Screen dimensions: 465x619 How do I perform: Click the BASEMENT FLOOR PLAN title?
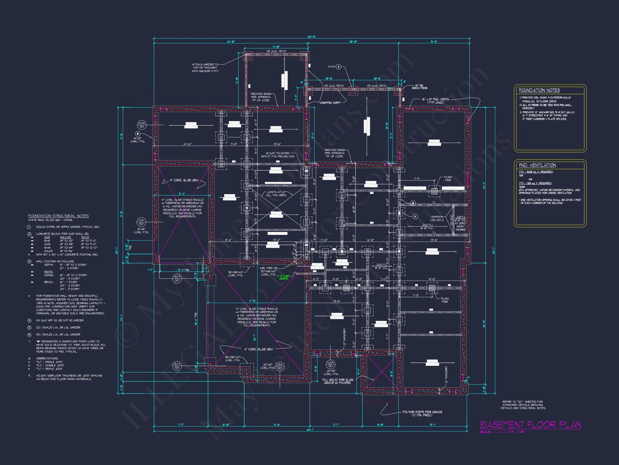(x=530, y=425)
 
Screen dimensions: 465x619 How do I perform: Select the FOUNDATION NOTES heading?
(x=539, y=90)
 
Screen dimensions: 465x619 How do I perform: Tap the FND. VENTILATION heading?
(x=537, y=165)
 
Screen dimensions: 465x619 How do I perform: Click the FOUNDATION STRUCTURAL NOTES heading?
(x=59, y=216)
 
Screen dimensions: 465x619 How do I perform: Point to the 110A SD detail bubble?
(x=142, y=125)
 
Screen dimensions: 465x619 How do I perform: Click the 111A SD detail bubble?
(x=141, y=222)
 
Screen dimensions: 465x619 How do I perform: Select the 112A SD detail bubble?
(x=330, y=364)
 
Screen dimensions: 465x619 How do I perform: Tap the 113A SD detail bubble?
(x=280, y=366)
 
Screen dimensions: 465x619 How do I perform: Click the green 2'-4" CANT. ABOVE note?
(x=283, y=277)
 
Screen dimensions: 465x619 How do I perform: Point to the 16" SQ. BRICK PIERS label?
(x=419, y=87)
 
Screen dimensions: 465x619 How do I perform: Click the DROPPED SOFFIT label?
(x=330, y=103)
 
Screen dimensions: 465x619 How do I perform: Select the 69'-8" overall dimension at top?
(x=311, y=37)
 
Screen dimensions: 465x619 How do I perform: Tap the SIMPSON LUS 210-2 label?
(x=437, y=218)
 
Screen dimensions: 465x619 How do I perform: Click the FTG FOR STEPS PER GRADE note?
(x=422, y=413)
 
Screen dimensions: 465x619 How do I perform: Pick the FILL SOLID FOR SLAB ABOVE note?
(x=337, y=381)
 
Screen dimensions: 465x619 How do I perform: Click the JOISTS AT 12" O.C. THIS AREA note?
(x=276, y=194)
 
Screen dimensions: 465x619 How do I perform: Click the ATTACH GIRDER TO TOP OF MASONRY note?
(x=205, y=68)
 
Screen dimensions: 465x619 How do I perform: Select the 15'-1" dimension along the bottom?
(x=432, y=425)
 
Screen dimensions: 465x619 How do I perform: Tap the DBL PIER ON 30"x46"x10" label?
(x=268, y=271)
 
